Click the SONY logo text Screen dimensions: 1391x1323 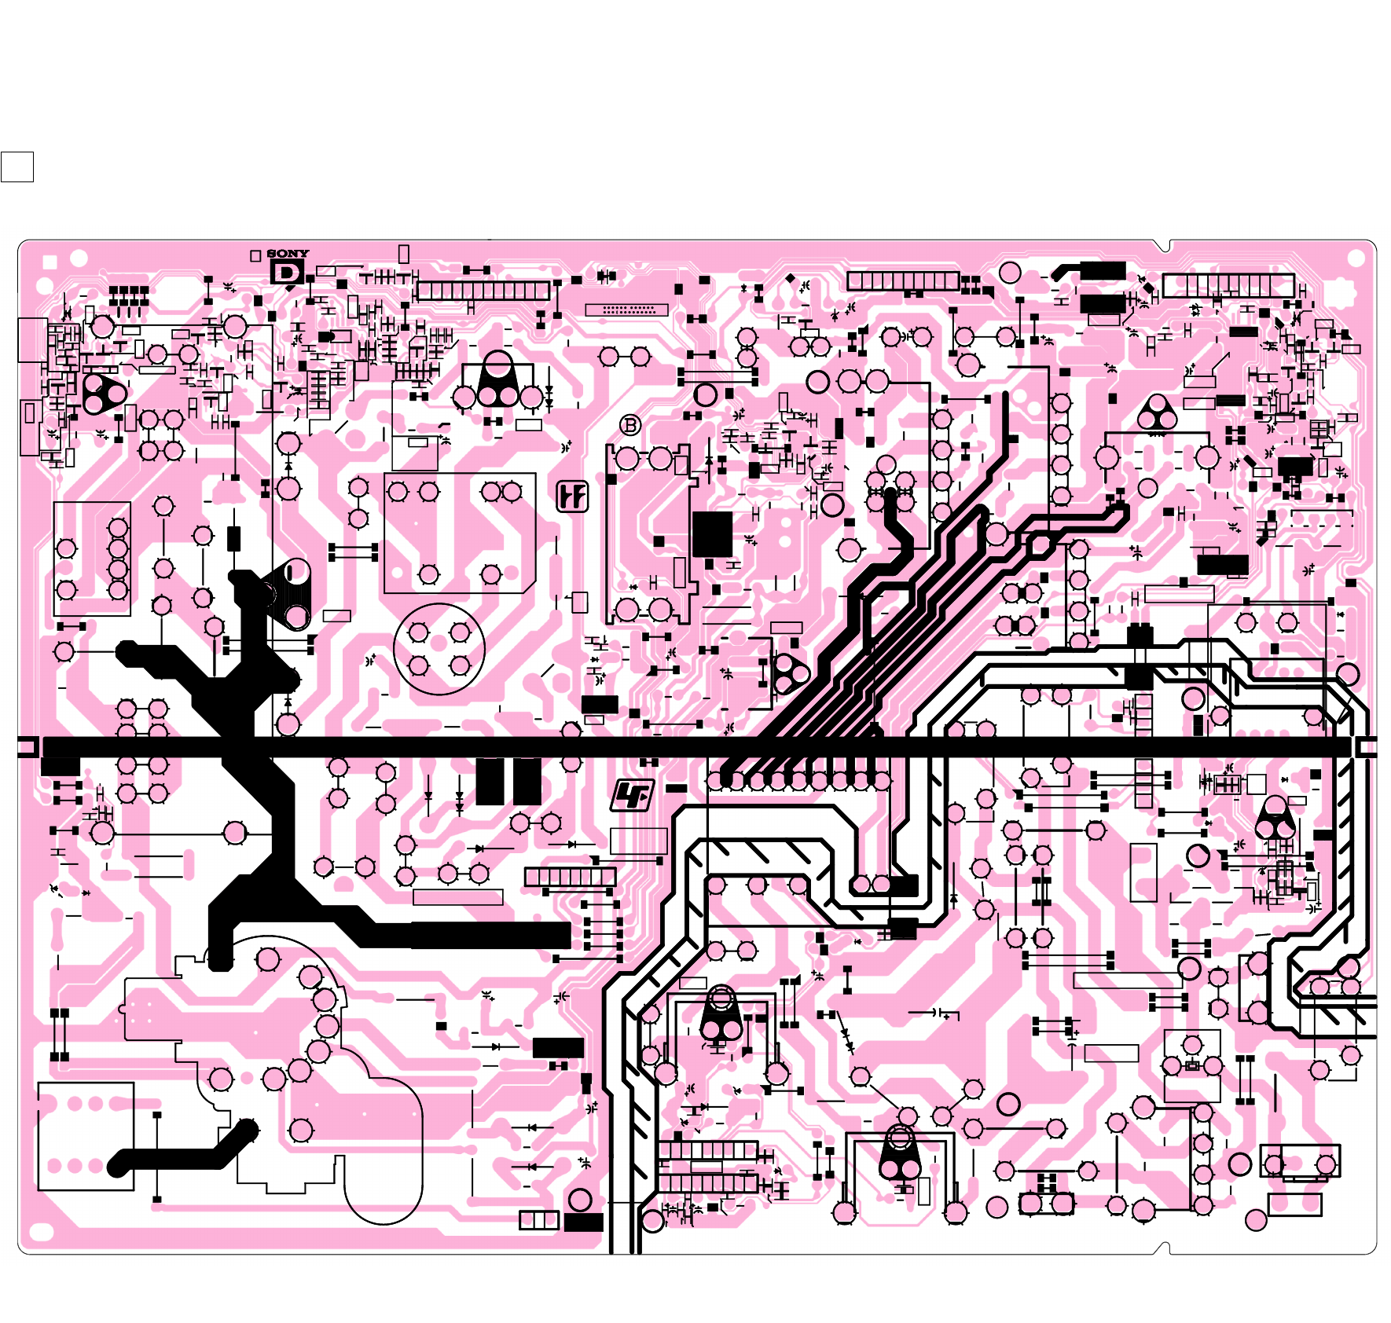pos(288,254)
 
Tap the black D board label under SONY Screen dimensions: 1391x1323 pos(287,273)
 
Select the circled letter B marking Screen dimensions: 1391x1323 pos(630,426)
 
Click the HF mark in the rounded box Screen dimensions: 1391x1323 pos(572,497)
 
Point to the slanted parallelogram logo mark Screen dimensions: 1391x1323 pos(633,796)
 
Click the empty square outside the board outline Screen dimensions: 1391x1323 pos(17,167)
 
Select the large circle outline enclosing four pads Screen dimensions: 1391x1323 pos(439,649)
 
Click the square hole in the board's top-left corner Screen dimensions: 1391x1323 pos(50,262)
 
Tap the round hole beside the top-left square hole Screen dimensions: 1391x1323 pos(79,258)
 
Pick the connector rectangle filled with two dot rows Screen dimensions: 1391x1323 pos(626,310)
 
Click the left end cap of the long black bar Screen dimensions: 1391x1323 pos(28,746)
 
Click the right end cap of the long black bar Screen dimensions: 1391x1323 pos(1367,746)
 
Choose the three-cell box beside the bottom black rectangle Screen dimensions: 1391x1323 pos(539,1220)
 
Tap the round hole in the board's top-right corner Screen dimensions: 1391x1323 pos(1356,258)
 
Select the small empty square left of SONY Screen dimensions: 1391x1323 pos(255,256)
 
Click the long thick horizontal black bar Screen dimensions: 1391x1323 pos(692,746)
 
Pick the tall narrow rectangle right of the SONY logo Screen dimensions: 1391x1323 pos(404,254)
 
